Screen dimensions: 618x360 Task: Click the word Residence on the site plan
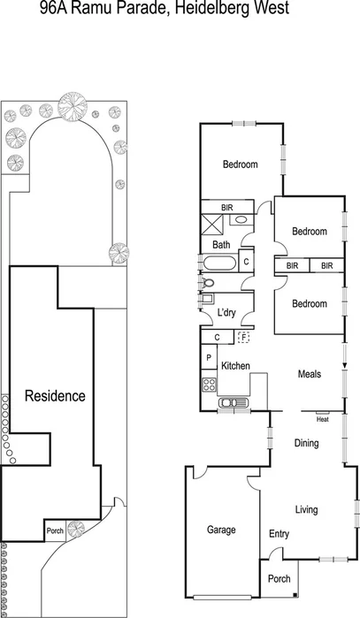(55, 396)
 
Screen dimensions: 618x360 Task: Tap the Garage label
(221, 530)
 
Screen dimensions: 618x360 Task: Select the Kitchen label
(235, 366)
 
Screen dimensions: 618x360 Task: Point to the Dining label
(306, 443)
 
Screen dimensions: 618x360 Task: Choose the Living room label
(306, 510)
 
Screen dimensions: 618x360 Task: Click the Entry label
(279, 534)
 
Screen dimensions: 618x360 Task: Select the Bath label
(221, 245)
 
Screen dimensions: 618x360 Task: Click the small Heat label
(322, 419)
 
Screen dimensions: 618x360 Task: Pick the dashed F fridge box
(243, 337)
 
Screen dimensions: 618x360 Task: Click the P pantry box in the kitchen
(209, 357)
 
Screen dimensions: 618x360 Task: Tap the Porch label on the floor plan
(280, 580)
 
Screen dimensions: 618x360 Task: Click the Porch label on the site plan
(55, 530)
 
